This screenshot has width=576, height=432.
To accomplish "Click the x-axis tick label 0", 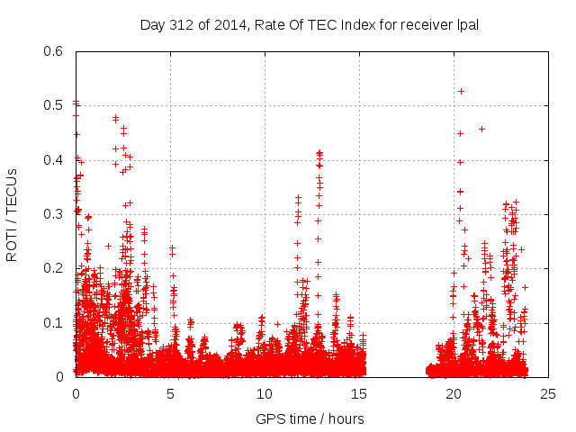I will [x=76, y=393].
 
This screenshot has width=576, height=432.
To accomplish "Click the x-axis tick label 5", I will [x=170, y=393].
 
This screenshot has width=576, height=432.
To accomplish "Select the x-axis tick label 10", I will [x=265, y=393].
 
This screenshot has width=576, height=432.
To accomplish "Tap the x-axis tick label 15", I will [x=359, y=393].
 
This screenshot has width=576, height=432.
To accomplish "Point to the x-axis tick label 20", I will [x=454, y=393].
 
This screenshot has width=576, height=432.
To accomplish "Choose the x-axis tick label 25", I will [x=548, y=393].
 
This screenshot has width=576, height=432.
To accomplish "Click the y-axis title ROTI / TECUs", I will [x=12, y=214].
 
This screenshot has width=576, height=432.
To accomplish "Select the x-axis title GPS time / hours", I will [x=310, y=418].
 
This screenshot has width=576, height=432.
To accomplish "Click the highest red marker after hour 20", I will [x=462, y=91].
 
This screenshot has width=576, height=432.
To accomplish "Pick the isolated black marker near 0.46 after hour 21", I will [x=481, y=129].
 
